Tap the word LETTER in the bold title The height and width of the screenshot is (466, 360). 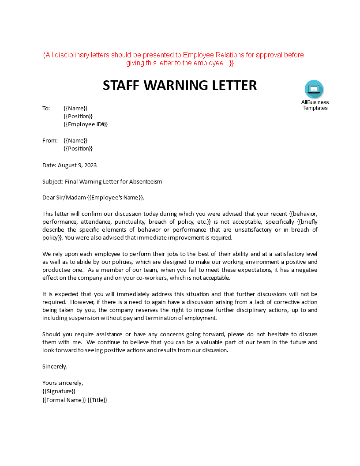[x=232, y=85]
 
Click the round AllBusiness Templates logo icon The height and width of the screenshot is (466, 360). [x=314, y=90]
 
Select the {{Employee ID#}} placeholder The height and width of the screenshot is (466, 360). [x=86, y=124]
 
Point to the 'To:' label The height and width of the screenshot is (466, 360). [x=46, y=109]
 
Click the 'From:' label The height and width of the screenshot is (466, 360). [x=50, y=141]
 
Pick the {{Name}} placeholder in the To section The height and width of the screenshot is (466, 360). [x=75, y=109]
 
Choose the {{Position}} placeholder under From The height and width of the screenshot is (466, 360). [x=78, y=149]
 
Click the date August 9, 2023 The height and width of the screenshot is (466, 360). [x=77, y=165]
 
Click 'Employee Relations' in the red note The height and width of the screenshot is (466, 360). [x=210, y=55]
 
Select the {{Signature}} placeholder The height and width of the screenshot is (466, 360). [x=59, y=391]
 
